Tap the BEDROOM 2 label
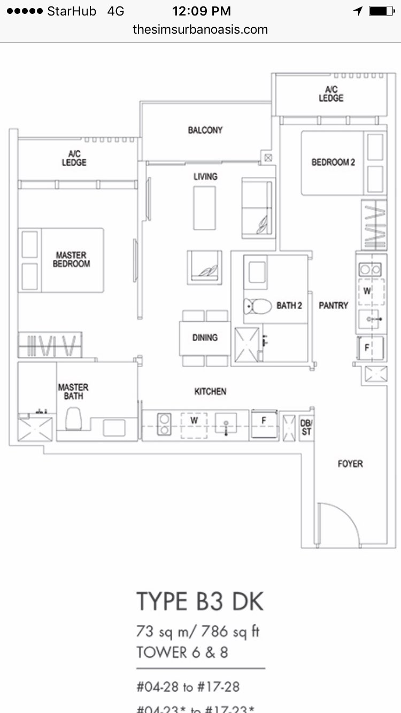[x=333, y=162]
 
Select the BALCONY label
[x=205, y=130]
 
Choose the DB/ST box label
[x=306, y=428]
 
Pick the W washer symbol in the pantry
[x=367, y=291]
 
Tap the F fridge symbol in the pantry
[x=367, y=347]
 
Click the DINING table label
[x=205, y=337]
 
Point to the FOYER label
[x=350, y=464]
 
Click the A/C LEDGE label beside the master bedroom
[x=74, y=158]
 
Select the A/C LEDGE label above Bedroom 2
[x=331, y=94]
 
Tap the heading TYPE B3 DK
[x=200, y=601]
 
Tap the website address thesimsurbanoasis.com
[x=200, y=29]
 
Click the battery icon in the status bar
[x=381, y=11]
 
